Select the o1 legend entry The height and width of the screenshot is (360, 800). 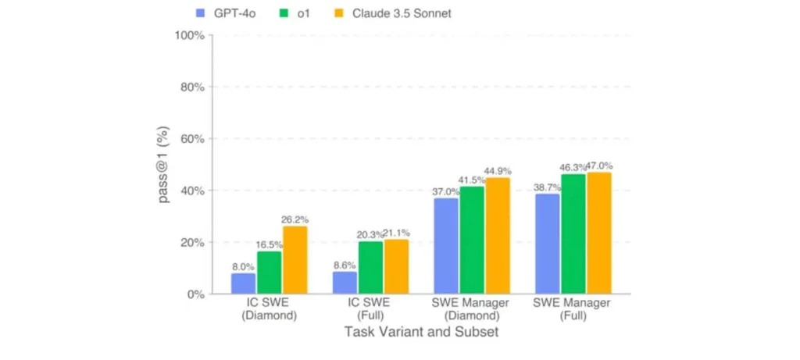(293, 13)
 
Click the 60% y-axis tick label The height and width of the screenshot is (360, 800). (191, 139)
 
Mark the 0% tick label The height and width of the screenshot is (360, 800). (194, 294)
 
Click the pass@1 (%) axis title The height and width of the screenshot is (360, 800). (165, 165)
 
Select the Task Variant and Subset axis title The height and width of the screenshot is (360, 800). (421, 332)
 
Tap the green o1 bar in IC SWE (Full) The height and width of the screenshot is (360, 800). (370, 268)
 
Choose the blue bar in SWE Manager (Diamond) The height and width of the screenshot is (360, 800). (446, 246)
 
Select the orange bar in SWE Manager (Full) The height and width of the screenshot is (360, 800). (599, 233)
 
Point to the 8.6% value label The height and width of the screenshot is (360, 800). (345, 265)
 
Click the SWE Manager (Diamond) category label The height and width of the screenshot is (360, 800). (472, 309)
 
